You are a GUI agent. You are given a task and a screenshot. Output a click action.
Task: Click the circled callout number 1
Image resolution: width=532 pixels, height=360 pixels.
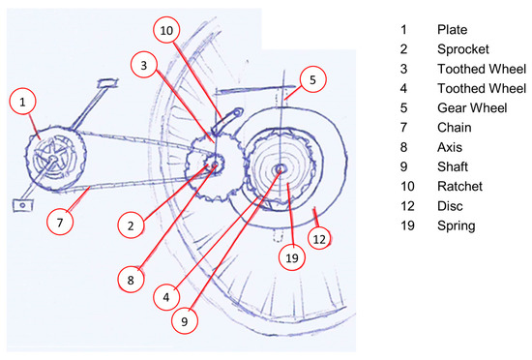tap(23, 102)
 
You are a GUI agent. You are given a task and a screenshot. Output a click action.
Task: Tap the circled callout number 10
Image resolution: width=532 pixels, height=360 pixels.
tap(166, 30)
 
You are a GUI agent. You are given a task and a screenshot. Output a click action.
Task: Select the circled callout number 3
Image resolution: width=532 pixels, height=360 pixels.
tap(144, 65)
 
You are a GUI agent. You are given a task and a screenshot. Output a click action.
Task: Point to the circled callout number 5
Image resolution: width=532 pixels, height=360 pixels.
tap(312, 79)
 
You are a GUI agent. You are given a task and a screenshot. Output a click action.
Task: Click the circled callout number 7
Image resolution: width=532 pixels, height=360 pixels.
tap(60, 223)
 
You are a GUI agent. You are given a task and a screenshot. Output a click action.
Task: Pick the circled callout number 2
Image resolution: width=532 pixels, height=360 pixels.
tap(131, 225)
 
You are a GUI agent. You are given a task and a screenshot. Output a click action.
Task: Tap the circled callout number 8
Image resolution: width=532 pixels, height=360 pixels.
tap(131, 280)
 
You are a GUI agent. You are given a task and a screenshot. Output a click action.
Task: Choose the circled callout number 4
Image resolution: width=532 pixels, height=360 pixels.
tap(166, 297)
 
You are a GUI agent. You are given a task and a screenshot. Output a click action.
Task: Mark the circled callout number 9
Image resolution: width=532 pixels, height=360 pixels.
tap(184, 321)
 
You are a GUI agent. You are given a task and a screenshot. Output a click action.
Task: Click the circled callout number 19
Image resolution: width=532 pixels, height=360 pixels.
tap(292, 257)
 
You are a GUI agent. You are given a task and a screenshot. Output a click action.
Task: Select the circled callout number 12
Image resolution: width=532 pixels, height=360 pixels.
tap(319, 239)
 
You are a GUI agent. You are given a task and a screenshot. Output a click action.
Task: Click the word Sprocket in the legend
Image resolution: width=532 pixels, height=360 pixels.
tap(463, 49)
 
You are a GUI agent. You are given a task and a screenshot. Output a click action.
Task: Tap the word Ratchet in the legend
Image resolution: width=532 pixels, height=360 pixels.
tap(459, 186)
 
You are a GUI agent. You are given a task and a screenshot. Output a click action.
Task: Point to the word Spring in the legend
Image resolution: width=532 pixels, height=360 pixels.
tap(457, 226)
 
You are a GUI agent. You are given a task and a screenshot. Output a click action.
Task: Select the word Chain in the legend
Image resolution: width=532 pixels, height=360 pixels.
tap(455, 128)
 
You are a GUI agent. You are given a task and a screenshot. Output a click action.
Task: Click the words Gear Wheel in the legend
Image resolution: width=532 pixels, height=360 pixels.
tap(472, 107)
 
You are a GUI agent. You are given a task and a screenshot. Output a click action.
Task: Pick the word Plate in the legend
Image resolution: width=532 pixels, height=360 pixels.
tap(453, 30)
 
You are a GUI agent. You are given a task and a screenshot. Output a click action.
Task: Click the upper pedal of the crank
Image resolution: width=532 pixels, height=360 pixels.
tap(107, 83)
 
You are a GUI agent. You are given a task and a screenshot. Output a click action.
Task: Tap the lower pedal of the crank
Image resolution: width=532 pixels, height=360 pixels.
tap(23, 205)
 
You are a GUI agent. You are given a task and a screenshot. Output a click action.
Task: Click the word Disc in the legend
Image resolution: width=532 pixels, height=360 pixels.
tap(450, 206)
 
